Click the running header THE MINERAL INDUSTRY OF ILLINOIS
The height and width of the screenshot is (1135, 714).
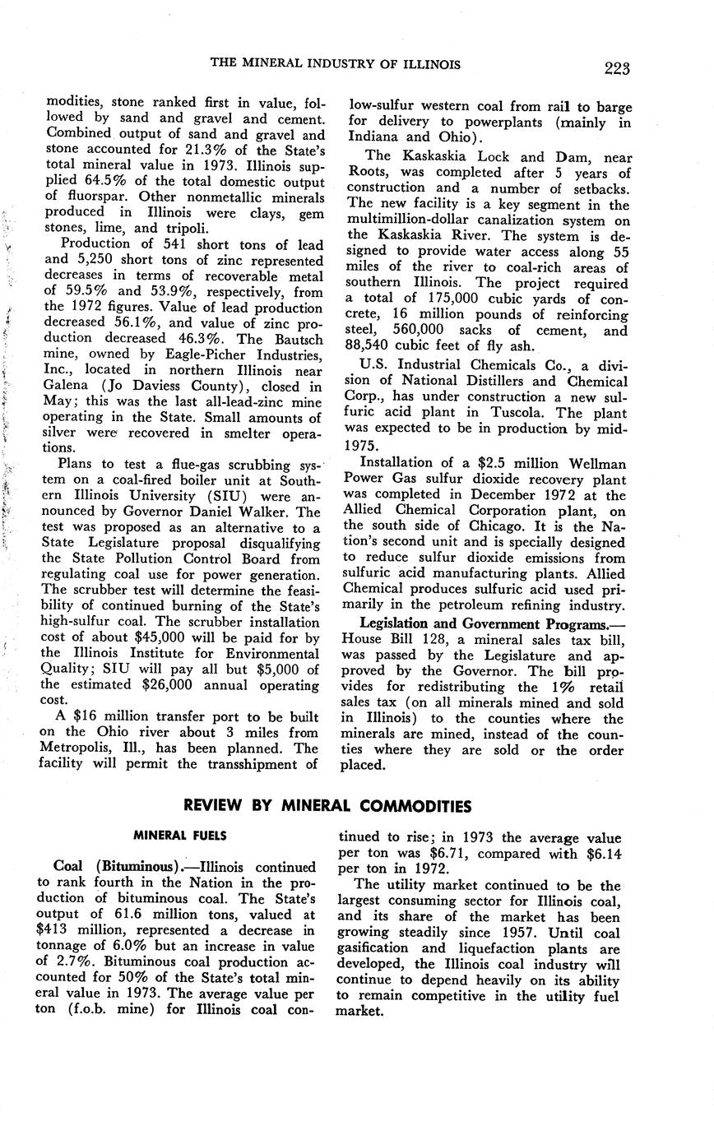coord(336,64)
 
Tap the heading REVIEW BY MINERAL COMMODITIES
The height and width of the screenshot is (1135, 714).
coord(327,805)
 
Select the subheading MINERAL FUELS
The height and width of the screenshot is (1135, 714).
coord(179,835)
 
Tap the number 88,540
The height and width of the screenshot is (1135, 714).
coord(368,346)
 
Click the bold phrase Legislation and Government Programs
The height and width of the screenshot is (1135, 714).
coord(486,624)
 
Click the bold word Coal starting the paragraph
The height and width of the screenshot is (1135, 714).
coord(71,867)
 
